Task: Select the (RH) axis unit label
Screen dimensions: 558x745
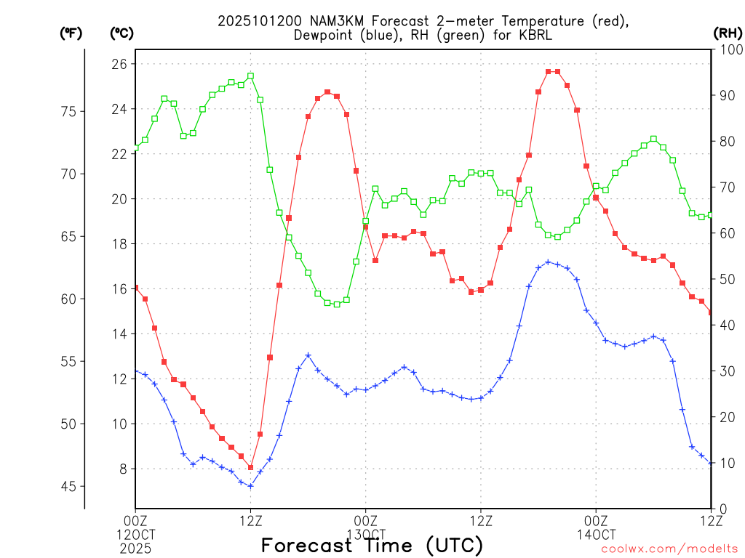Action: pyautogui.click(x=728, y=33)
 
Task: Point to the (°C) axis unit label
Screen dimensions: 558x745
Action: pyautogui.click(x=121, y=33)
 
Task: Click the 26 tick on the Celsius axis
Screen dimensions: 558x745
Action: pyautogui.click(x=119, y=64)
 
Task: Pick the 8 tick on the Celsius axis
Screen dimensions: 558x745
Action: pyautogui.click(x=121, y=469)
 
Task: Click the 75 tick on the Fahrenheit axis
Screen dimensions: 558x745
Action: pyautogui.click(x=68, y=111)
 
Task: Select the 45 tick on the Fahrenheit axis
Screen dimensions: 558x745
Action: pyautogui.click(x=68, y=486)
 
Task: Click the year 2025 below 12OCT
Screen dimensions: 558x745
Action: pyautogui.click(x=135, y=546)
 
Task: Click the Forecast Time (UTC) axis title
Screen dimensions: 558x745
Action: pyautogui.click(x=372, y=545)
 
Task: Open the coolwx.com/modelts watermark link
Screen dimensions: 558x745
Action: pyautogui.click(x=669, y=549)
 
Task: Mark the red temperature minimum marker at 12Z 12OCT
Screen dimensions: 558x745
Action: pyautogui.click(x=250, y=468)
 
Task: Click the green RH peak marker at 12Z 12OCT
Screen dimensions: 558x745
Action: pyautogui.click(x=250, y=76)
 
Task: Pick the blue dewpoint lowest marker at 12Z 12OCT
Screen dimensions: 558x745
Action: pyautogui.click(x=250, y=486)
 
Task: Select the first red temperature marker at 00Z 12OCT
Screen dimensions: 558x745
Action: pyautogui.click(x=135, y=288)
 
